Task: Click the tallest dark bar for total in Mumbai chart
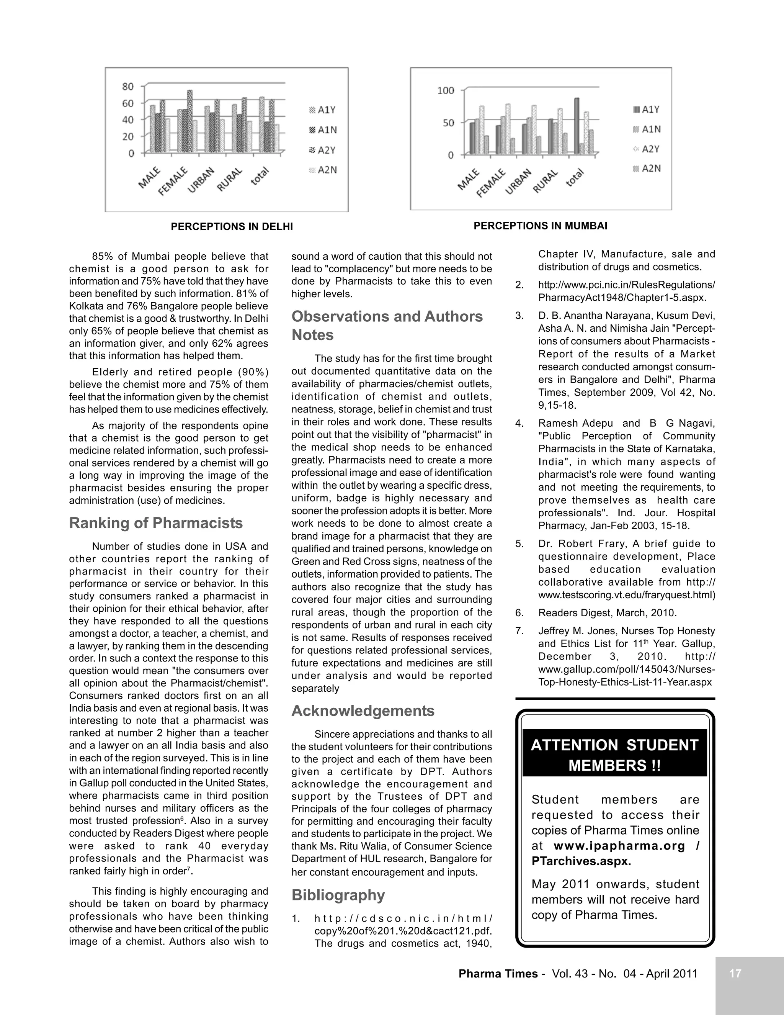coord(577,126)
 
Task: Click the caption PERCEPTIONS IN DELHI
coord(232,226)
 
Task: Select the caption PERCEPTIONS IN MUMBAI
coord(540,226)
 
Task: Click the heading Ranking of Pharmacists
coord(155,523)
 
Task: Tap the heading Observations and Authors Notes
coord(387,325)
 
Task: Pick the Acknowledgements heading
coord(363,710)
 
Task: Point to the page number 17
coord(735,973)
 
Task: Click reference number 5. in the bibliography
coord(519,544)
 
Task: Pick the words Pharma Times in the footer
coord(498,974)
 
